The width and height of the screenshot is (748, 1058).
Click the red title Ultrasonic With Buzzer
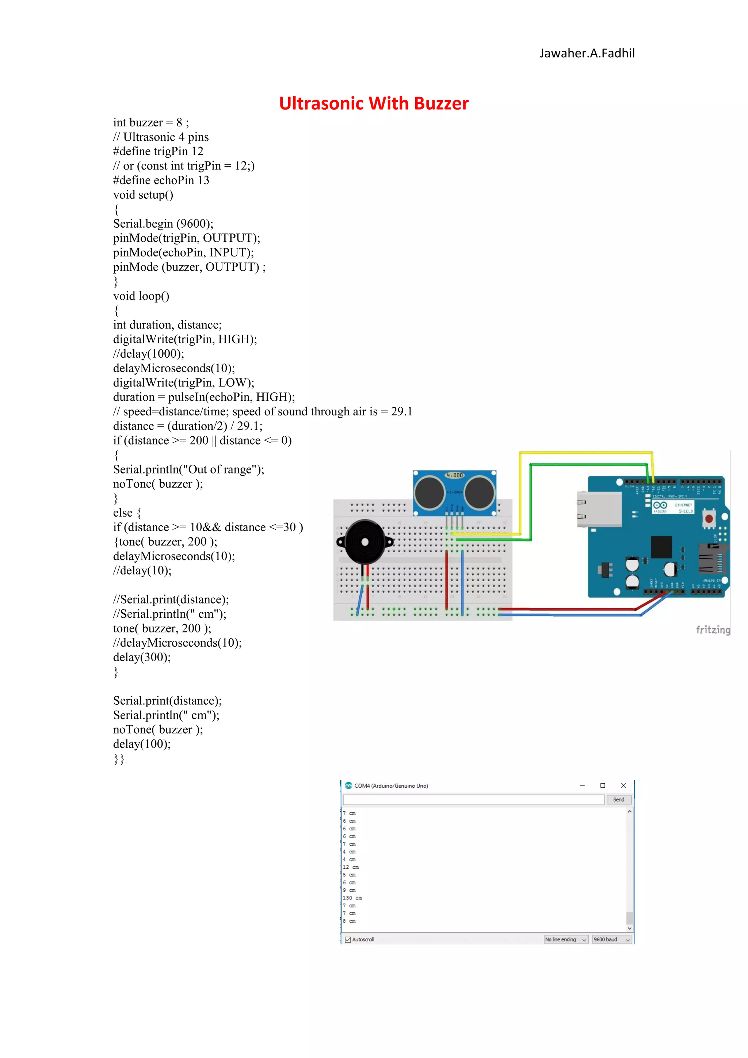coord(374,103)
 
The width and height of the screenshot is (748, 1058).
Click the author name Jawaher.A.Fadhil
coord(587,53)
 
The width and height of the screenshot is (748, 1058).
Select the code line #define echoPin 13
coord(161,180)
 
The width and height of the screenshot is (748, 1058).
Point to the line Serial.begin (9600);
coord(163,224)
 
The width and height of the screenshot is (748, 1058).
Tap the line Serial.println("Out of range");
coord(189,469)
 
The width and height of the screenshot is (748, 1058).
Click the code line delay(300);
coord(142,657)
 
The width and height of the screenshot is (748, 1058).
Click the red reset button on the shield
coord(709,519)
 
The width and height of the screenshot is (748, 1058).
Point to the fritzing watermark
coord(713,630)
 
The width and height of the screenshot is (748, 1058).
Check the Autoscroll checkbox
coord(348,940)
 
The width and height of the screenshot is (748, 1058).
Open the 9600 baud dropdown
coord(611,940)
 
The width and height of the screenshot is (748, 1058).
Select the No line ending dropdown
coord(566,940)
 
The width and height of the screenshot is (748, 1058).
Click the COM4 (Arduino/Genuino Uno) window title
coord(391,786)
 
